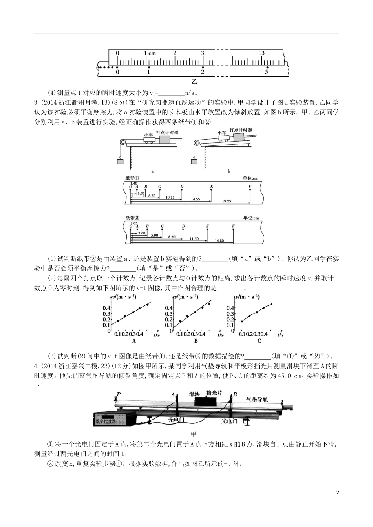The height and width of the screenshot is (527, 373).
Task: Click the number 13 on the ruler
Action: pyautogui.click(x=261, y=53)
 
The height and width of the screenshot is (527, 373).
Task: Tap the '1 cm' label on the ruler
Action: pyautogui.click(x=150, y=53)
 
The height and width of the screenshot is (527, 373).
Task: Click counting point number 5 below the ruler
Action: pyautogui.click(x=266, y=72)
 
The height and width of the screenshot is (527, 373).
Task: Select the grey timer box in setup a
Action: pyautogui.click(x=164, y=140)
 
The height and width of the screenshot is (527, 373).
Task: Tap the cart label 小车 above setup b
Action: pyautogui.click(x=222, y=133)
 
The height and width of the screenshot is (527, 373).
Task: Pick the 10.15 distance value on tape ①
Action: pyautogui.click(x=170, y=197)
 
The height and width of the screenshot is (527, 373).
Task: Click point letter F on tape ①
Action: pyautogui.click(x=250, y=187)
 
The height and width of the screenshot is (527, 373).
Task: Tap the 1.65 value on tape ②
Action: pyautogui.click(x=133, y=222)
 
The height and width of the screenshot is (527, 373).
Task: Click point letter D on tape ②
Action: pyautogui.click(x=183, y=226)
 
